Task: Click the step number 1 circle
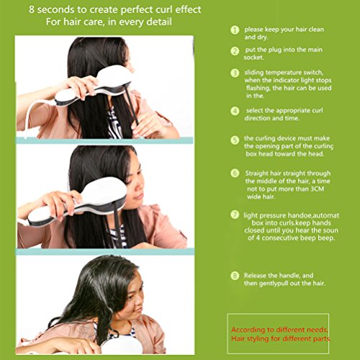235,30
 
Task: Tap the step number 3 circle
235,73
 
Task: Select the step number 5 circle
235,140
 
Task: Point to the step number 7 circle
235,215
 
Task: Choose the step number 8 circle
235,276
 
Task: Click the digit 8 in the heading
32,10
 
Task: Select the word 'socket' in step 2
253,58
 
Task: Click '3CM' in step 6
318,189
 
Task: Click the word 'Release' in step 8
255,275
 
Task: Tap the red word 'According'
248,330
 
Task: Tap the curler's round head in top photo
114,76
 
